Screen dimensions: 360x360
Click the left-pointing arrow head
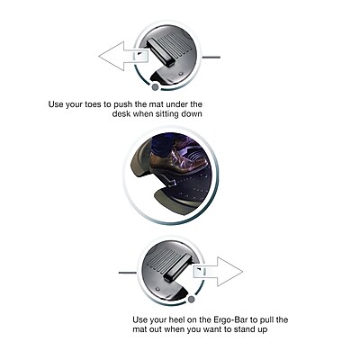pos(110,57)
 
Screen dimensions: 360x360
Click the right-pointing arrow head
pos(231,272)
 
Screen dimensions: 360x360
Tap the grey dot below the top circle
pos(155,87)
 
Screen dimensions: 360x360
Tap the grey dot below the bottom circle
pos(191,299)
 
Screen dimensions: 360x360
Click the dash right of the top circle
pos(211,57)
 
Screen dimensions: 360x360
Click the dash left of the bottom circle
pos(128,273)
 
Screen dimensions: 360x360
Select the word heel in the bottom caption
pos(175,319)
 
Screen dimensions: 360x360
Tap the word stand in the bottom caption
pos(244,329)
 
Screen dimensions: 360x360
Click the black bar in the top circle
pos(161,53)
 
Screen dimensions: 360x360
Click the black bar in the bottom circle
pos(177,267)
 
